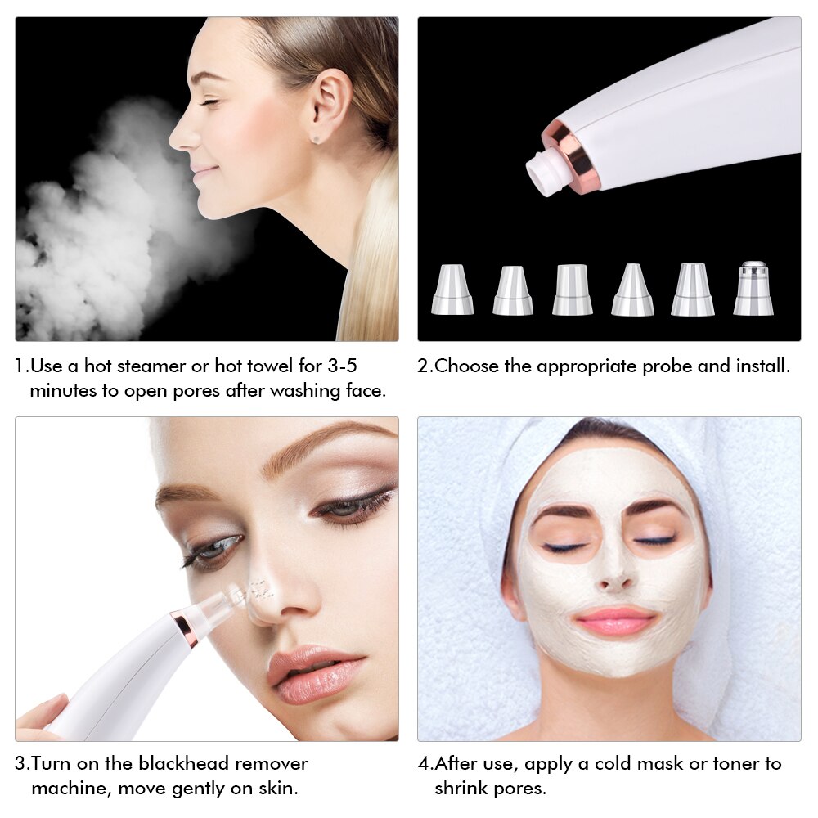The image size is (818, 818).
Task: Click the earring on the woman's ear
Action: [x=317, y=140]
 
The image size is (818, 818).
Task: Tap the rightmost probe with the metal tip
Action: [x=753, y=289]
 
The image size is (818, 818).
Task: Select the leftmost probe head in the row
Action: [x=452, y=290]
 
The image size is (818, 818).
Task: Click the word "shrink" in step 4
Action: [x=462, y=789]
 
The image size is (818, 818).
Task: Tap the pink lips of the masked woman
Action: [x=614, y=621]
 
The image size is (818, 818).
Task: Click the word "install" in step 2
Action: [x=757, y=366]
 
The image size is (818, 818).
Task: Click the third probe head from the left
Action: [x=572, y=290]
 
